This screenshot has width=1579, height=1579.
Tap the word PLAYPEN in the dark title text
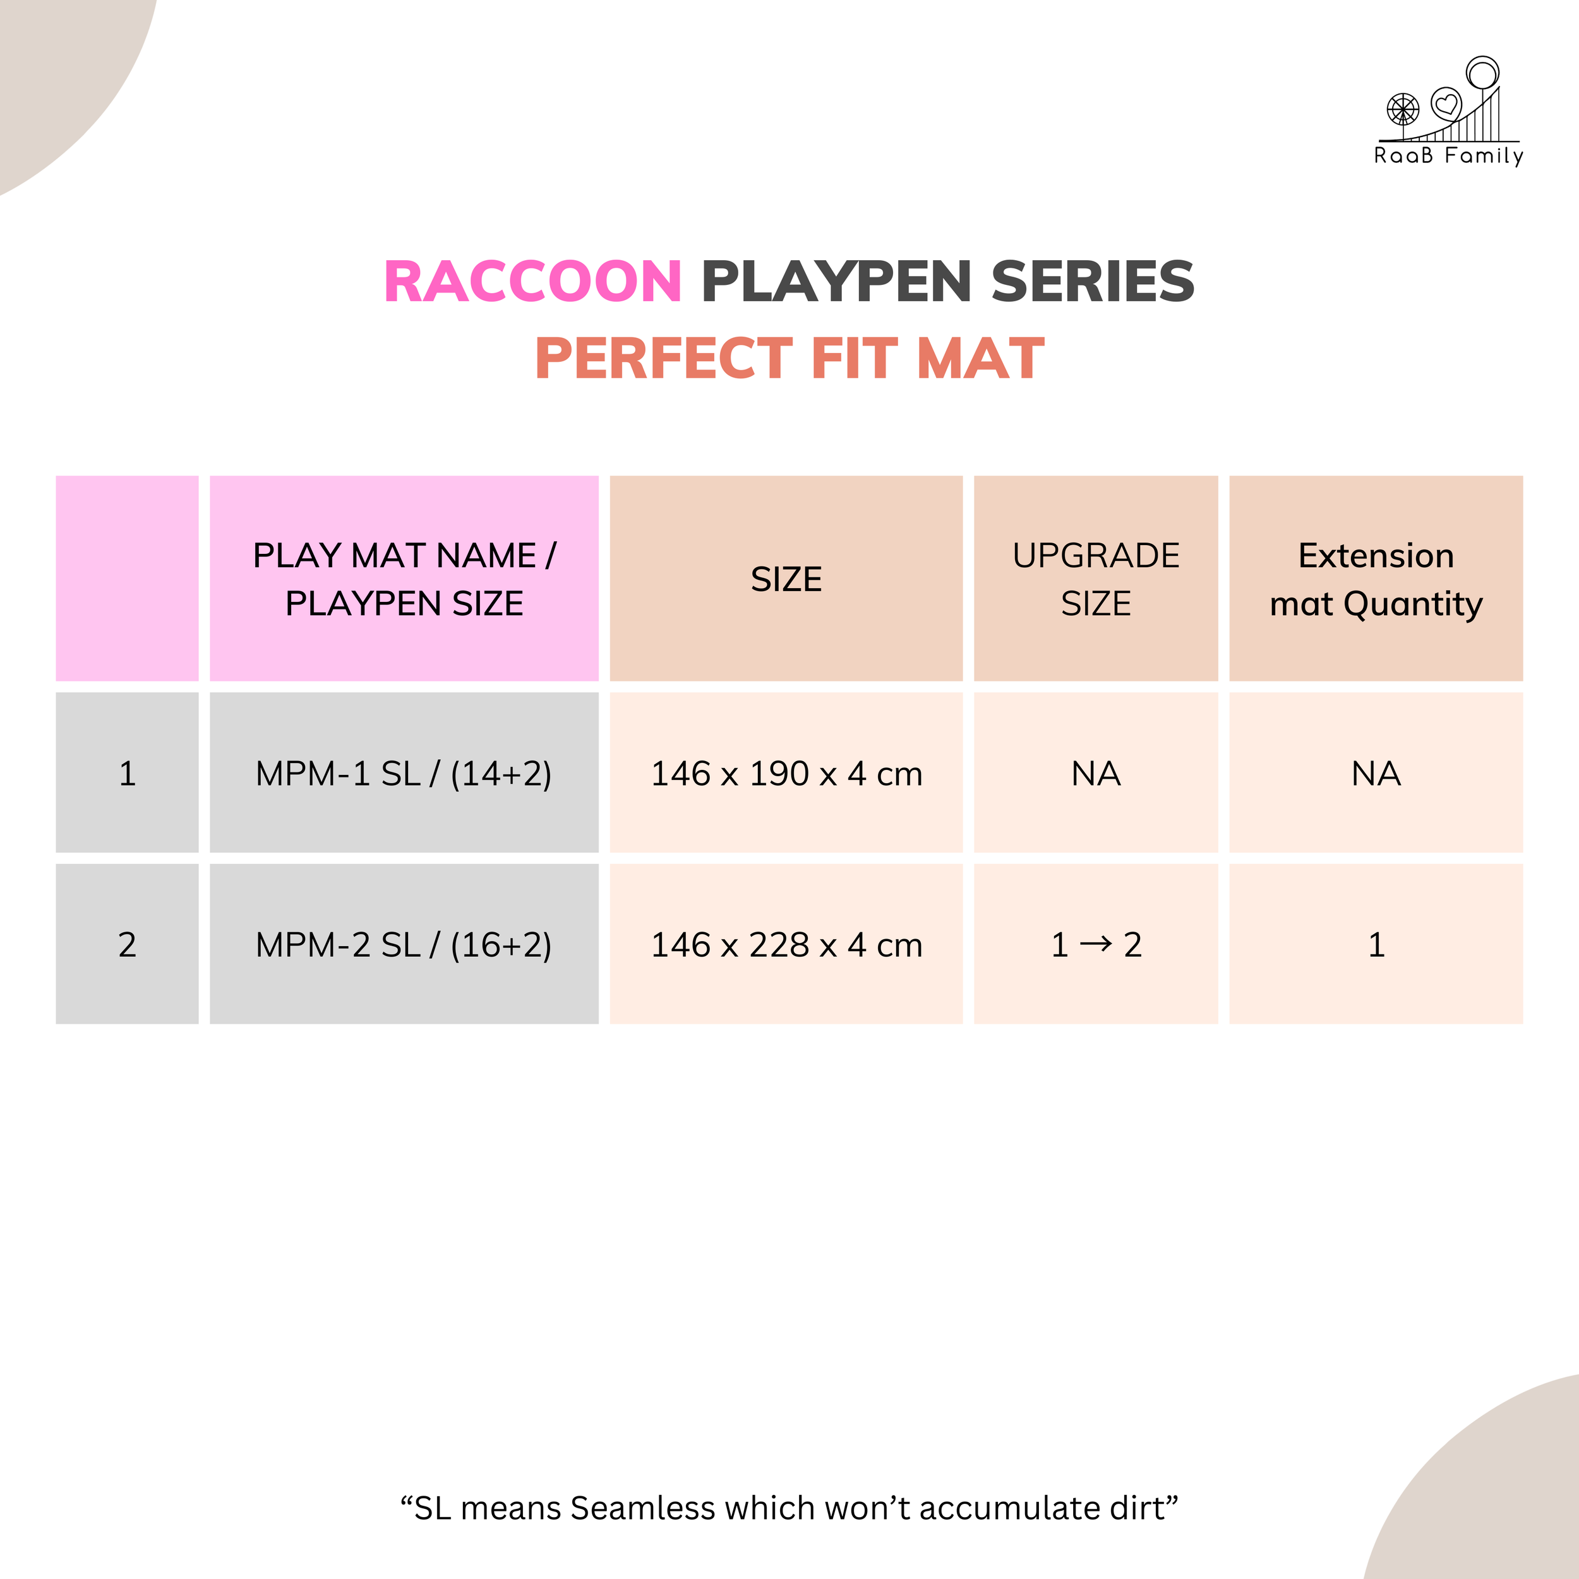pyautogui.click(x=836, y=281)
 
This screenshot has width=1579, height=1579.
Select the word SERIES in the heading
pyautogui.click(x=1093, y=281)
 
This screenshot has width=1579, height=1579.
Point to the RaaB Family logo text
pyautogui.click(x=1448, y=155)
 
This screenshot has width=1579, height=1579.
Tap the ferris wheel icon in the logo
pyautogui.click(x=1402, y=109)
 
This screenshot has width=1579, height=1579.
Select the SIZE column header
pyautogui.click(x=786, y=579)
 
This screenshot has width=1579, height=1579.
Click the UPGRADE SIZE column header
pyautogui.click(x=1096, y=579)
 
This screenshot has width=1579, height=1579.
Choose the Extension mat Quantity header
pyautogui.click(x=1376, y=579)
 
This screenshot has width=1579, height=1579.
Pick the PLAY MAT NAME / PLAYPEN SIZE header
pyautogui.click(x=404, y=579)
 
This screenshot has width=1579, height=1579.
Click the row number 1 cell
pyautogui.click(x=128, y=773)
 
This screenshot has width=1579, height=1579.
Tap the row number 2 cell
pyautogui.click(x=128, y=944)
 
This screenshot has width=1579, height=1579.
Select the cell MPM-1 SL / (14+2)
pyautogui.click(x=404, y=773)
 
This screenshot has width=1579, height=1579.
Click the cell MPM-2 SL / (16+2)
pyautogui.click(x=404, y=944)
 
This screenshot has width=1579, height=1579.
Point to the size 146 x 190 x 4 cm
pyautogui.click(x=786, y=773)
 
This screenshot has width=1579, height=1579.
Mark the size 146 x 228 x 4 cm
pyautogui.click(x=786, y=944)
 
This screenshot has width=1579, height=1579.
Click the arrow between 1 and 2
pyautogui.click(x=1096, y=944)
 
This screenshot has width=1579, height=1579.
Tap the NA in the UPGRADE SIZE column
pyautogui.click(x=1096, y=773)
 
